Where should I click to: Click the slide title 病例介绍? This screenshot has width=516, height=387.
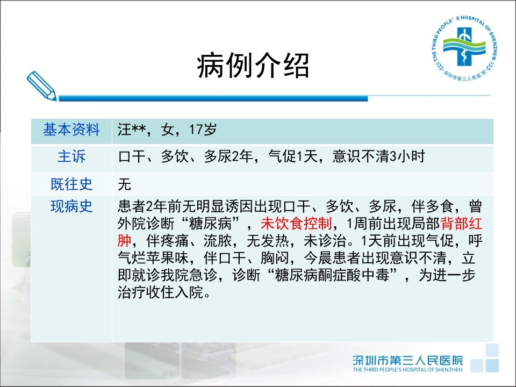coord(253,66)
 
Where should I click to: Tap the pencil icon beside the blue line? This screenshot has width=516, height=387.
coord(41,86)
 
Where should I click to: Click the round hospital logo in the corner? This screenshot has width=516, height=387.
coord(464,47)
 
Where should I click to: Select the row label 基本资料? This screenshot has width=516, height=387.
coord(71,130)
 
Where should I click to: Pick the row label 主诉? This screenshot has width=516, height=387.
coord(71,156)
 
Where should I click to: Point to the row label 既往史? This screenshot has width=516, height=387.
coord(71,184)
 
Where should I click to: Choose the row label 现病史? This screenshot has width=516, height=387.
coord(71,206)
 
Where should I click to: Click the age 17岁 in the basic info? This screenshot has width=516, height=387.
coord(203,130)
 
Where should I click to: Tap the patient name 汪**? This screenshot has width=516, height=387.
coord(132,130)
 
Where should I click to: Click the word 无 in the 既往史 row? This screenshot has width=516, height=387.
coord(125,184)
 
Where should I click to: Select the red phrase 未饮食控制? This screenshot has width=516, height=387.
coord(296,224)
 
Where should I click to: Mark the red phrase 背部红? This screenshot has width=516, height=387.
coord(461,224)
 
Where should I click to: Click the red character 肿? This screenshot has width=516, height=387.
coord(125,241)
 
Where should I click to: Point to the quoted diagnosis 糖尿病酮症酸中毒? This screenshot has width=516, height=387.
coord(332,275)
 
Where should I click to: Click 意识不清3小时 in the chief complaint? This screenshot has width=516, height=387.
coord(379,156)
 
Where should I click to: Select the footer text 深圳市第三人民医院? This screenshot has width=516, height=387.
coord(408,360)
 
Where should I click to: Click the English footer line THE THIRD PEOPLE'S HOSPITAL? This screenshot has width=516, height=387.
coord(407,370)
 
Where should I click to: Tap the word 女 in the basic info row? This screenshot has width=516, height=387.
coord(168,130)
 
